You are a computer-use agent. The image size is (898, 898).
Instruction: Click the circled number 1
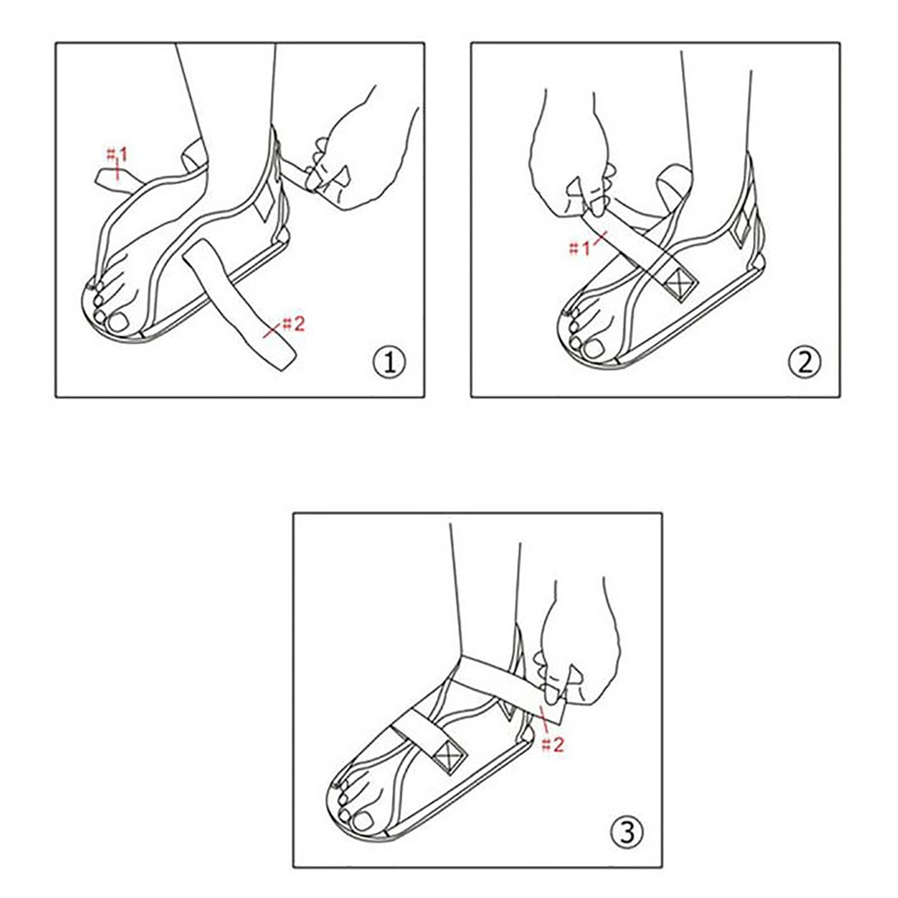click(389, 362)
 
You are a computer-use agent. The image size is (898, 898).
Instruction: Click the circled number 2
click(804, 362)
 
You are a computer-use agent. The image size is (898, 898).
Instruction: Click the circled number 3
click(627, 832)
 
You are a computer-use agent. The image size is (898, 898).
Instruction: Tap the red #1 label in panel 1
click(117, 154)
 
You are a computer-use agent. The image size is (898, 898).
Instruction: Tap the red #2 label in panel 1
click(293, 323)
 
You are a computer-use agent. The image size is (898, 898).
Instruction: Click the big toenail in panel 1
click(120, 322)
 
